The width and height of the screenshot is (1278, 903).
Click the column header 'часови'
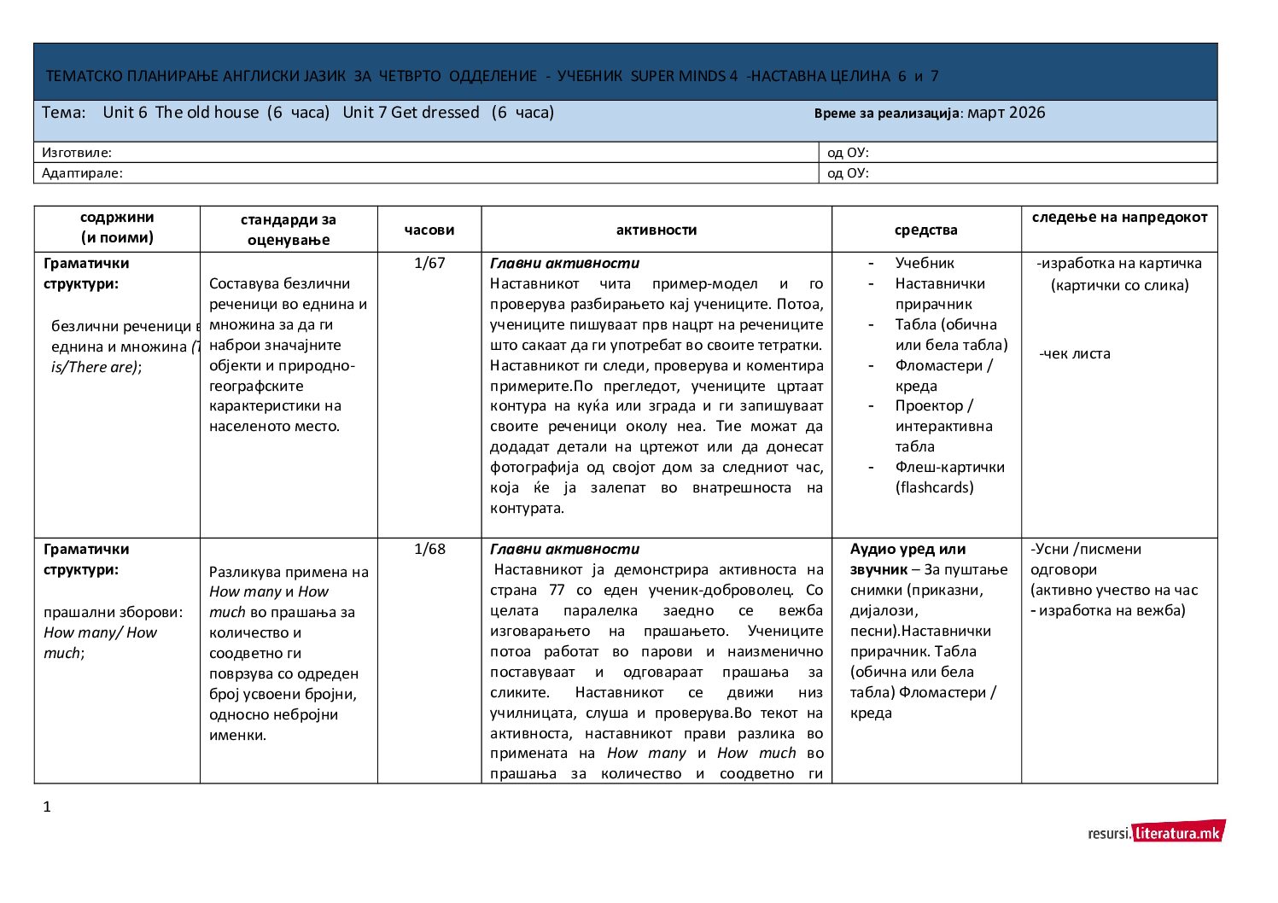click(x=429, y=230)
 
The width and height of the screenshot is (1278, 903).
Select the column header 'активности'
click(x=656, y=230)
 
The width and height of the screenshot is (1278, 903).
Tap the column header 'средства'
click(x=925, y=230)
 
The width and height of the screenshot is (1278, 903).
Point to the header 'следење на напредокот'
click(x=1119, y=217)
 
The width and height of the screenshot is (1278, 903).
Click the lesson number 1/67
click(x=429, y=263)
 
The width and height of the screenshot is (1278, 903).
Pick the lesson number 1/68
click(x=429, y=549)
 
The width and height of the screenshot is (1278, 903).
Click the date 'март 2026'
click(x=1006, y=113)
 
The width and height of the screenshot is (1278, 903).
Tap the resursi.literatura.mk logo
click(x=1156, y=832)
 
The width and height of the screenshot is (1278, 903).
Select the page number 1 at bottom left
click(x=47, y=807)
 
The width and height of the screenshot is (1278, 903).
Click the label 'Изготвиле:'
click(x=77, y=153)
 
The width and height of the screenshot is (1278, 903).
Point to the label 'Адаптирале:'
click(x=82, y=173)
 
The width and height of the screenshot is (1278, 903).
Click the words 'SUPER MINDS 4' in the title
click(x=684, y=76)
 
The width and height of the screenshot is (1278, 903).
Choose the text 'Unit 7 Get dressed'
click(x=411, y=113)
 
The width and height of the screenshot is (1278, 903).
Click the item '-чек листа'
click(x=1075, y=353)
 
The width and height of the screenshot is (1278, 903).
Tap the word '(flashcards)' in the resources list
click(x=934, y=487)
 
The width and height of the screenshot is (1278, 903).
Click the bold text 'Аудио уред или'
click(x=907, y=549)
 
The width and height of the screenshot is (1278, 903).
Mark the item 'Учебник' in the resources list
click(x=925, y=263)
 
